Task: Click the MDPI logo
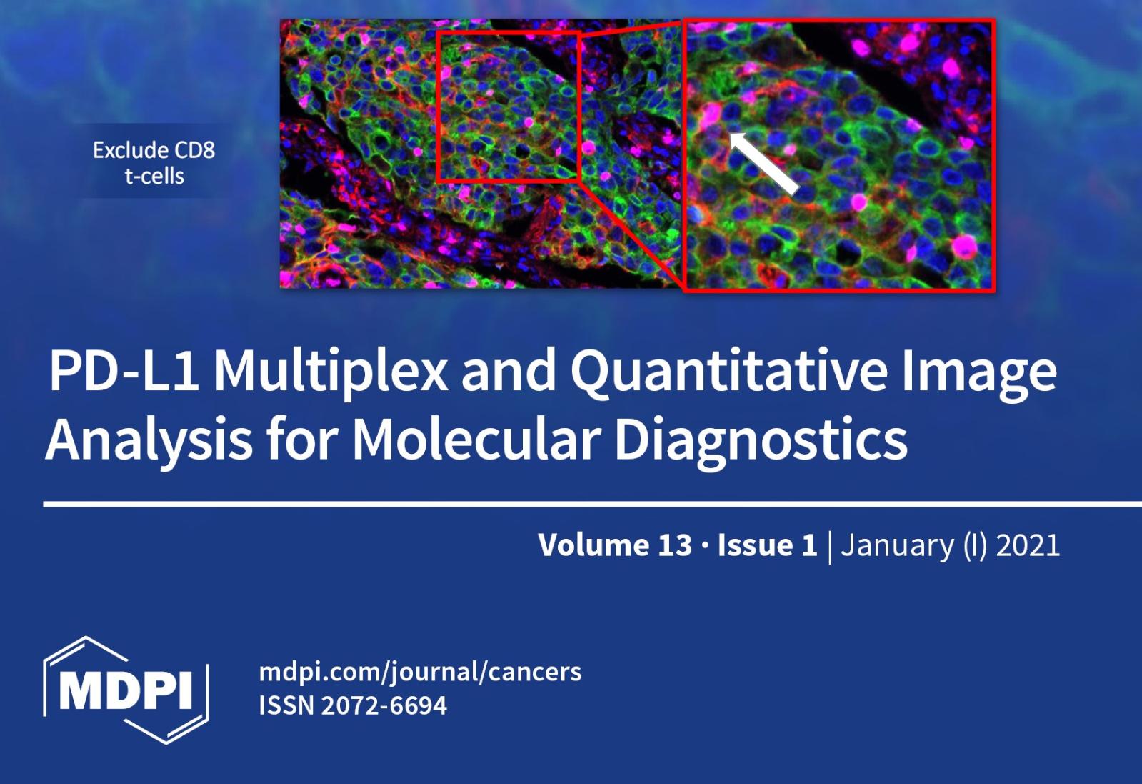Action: coord(126,689)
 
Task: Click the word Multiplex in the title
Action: coord(331,372)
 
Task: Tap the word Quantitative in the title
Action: coord(729,372)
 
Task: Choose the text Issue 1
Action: coord(767,545)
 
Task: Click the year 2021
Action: coord(1028,545)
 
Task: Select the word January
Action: coord(897,546)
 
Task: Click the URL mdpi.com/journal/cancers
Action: coord(420,672)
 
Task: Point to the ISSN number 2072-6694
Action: coord(384,705)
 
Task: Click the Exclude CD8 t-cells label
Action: coord(154,163)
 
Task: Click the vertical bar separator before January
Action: coord(829,547)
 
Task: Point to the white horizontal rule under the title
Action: coord(592,505)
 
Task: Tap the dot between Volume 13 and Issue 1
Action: coord(705,546)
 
